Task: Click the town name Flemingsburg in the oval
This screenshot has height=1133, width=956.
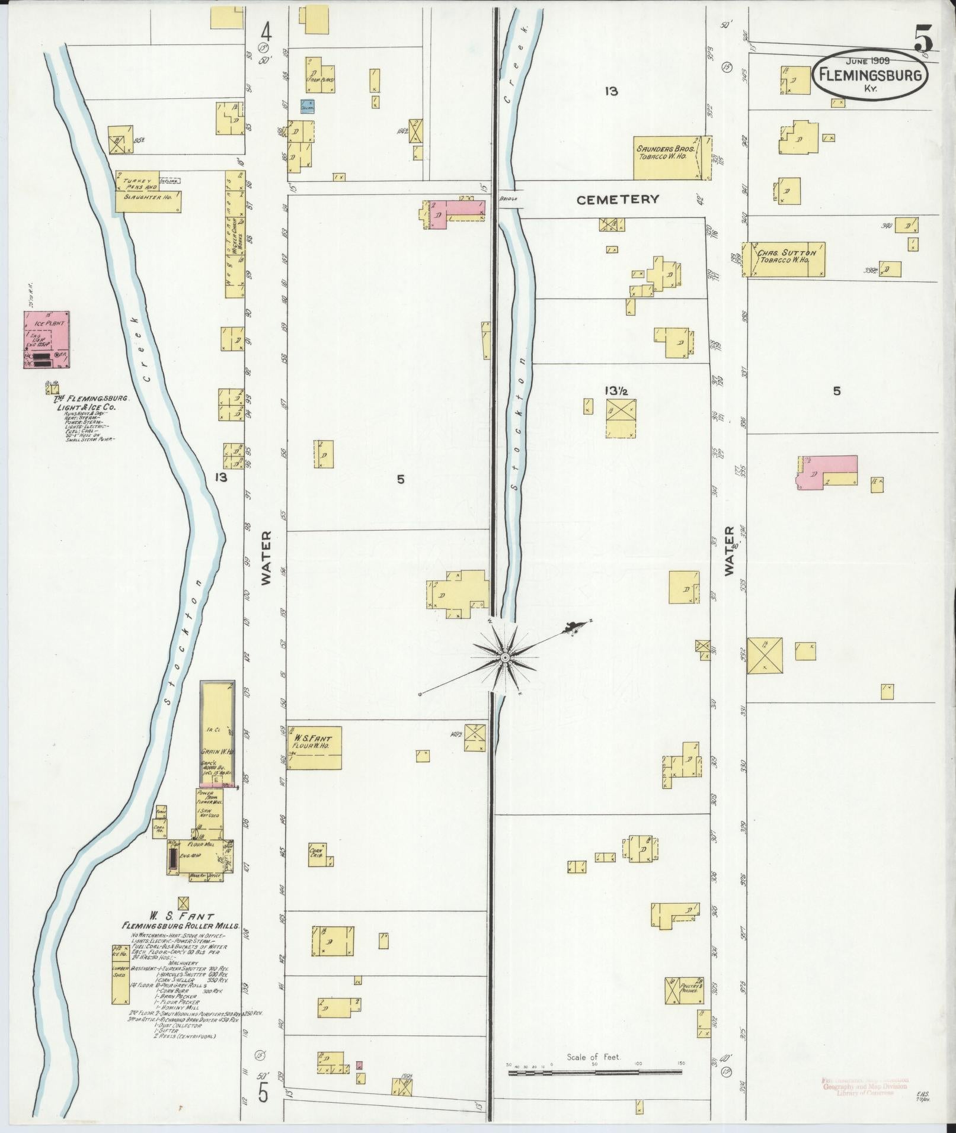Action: point(869,75)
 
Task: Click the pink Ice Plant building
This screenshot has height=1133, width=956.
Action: point(45,340)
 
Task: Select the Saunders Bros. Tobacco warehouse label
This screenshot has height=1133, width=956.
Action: point(666,153)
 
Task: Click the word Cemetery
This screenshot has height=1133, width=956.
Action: point(618,200)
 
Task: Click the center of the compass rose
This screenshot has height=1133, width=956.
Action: point(505,657)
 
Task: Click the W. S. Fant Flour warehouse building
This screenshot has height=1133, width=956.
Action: point(315,747)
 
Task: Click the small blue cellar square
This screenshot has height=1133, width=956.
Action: point(307,106)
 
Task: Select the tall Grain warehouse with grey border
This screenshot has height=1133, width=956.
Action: point(218,732)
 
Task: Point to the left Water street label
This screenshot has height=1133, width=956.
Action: point(266,557)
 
